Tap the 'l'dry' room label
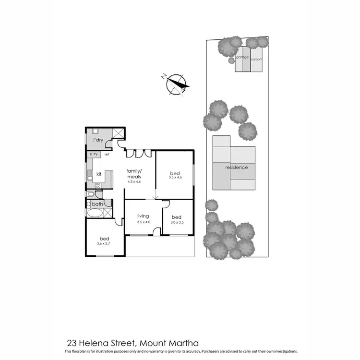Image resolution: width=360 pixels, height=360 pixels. (x=98, y=140)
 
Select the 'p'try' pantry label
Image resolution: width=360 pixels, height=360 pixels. (x=93, y=154)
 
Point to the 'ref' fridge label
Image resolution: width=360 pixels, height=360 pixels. (x=107, y=154)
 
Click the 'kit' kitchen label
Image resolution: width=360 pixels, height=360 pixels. (x=99, y=174)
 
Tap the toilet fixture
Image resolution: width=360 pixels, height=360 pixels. (x=90, y=194)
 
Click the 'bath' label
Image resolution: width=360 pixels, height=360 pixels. (x=97, y=204)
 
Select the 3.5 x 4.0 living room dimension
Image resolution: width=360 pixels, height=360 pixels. (x=144, y=222)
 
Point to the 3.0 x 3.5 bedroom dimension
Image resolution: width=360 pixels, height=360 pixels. (x=177, y=222)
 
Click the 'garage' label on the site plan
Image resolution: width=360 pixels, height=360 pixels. (x=242, y=57)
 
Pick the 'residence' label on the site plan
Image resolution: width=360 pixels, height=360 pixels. (x=237, y=168)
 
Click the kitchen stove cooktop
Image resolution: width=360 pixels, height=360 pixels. (x=90, y=176)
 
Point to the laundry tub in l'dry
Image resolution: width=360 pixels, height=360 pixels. (x=95, y=131)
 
